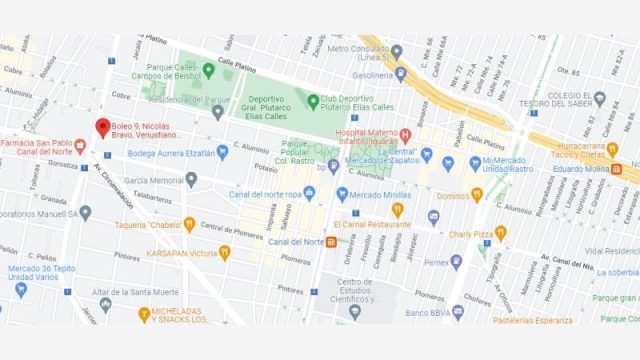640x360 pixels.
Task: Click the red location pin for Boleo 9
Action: [x=102, y=129]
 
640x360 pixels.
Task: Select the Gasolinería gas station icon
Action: [x=401, y=74]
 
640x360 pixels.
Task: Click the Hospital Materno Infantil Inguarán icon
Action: [x=405, y=134]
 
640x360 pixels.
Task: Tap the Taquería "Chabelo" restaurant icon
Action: [x=189, y=225]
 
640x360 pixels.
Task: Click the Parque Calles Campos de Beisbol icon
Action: [x=208, y=70]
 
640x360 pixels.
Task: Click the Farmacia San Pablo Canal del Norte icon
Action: [x=80, y=147]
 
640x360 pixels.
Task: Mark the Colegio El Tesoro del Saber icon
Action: [x=599, y=98]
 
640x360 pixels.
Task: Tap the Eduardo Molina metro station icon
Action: [x=617, y=170]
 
